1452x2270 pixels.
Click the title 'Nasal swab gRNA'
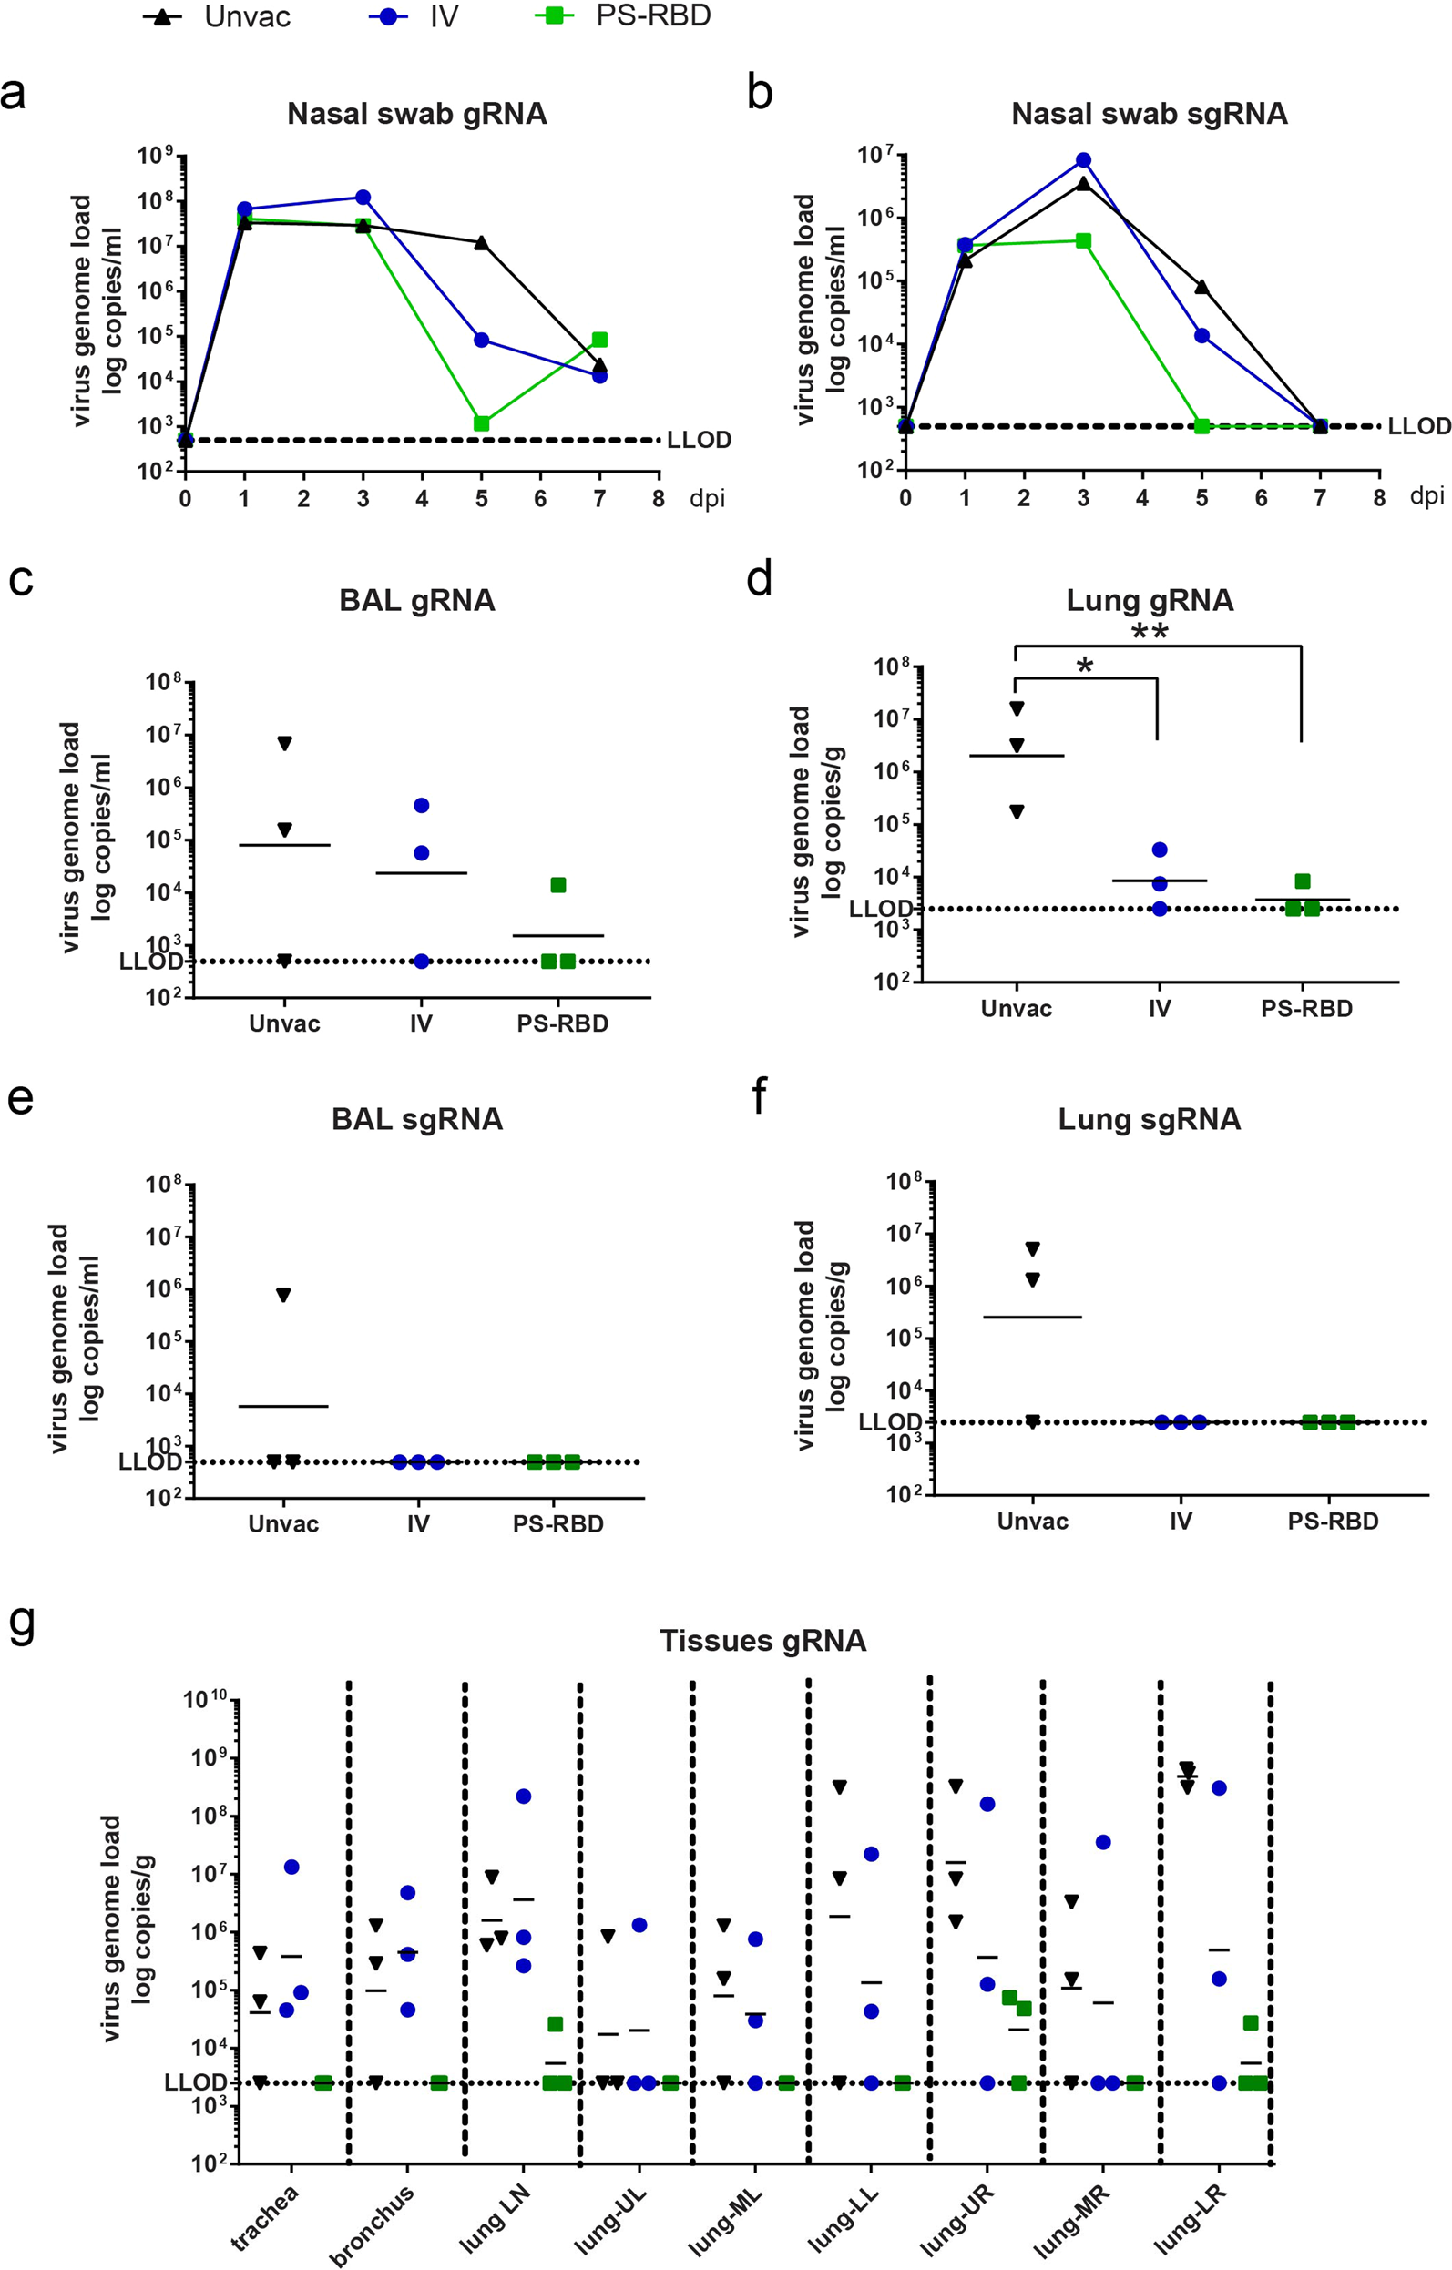(416, 114)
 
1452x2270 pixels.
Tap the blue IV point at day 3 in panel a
(363, 197)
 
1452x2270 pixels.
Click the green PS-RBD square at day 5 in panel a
(482, 423)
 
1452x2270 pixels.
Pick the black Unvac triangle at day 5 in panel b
(1201, 287)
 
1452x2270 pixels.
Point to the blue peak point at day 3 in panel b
(1083, 160)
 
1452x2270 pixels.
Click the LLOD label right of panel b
(1419, 426)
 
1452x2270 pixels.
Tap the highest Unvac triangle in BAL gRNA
(284, 743)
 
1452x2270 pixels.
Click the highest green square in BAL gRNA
(558, 884)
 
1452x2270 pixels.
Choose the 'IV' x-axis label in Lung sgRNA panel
(1181, 1521)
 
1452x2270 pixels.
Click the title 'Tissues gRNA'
(762, 1640)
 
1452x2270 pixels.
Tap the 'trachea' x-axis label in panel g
(266, 2217)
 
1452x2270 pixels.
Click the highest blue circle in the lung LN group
(523, 1796)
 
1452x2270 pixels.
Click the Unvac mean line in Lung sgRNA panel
(1032, 1316)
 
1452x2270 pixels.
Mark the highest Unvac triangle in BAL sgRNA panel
(283, 1294)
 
